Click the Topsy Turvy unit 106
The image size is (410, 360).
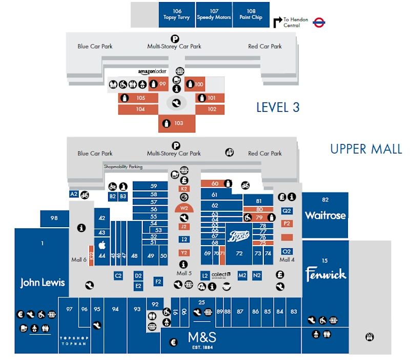[x=177, y=14]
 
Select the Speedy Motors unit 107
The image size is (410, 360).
[x=214, y=14]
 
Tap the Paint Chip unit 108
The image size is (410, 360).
[x=251, y=14]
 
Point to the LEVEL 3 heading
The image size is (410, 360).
[x=278, y=107]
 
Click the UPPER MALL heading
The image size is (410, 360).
[x=366, y=149]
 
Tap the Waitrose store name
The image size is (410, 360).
[x=325, y=215]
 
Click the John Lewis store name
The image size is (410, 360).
[x=43, y=283]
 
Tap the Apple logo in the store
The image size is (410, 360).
[x=101, y=245]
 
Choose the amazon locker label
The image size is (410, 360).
[x=153, y=72]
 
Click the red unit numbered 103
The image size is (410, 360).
[x=178, y=123]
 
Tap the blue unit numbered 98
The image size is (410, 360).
[x=54, y=218]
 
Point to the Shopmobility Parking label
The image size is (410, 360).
[x=123, y=167]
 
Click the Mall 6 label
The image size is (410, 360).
[x=79, y=259]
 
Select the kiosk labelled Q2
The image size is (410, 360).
[x=287, y=211]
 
